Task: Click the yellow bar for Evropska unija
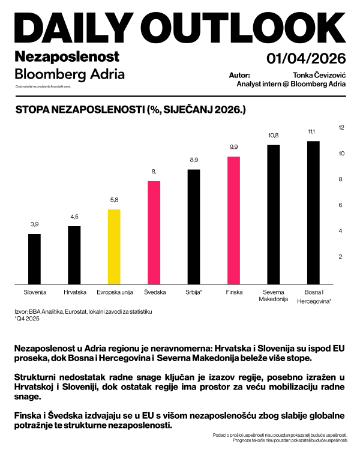pyautogui.click(x=114, y=247)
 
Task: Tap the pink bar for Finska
pyautogui.click(x=233, y=220)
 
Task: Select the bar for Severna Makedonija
pyautogui.click(x=273, y=214)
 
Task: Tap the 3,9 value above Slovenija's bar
pyautogui.click(x=35, y=224)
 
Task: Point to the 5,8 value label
pyautogui.click(x=114, y=200)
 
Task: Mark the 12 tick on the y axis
pyautogui.click(x=341, y=128)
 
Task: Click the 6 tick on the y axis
pyautogui.click(x=341, y=205)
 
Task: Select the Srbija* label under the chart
pyautogui.click(x=194, y=292)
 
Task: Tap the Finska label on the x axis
pyautogui.click(x=233, y=292)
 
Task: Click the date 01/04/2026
pyautogui.click(x=306, y=58)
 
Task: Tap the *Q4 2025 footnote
pyautogui.click(x=28, y=320)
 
